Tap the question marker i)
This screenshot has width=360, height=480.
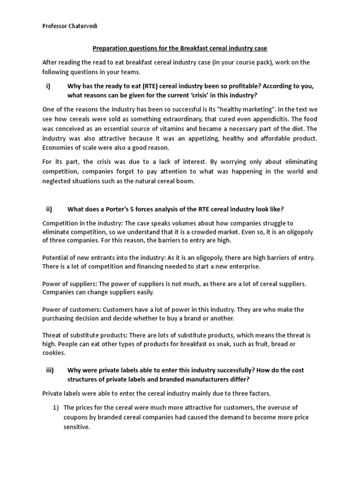tap(48, 86)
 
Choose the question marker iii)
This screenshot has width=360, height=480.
tap(50, 370)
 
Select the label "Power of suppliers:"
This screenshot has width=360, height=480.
tap(69, 284)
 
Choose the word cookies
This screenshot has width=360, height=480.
tap(53, 353)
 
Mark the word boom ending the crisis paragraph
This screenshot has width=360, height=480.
tap(184, 181)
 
